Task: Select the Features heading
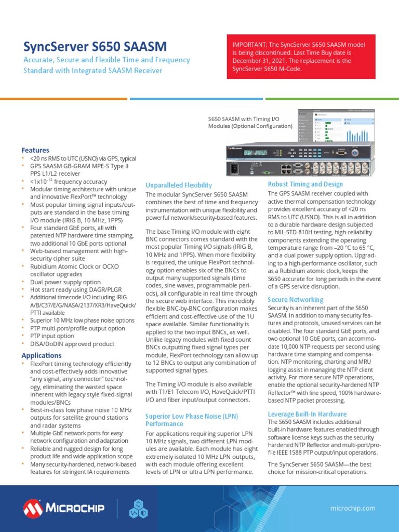tap(35, 150)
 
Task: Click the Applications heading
tap(42, 355)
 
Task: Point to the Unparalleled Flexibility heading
tap(179, 185)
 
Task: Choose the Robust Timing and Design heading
tap(305, 184)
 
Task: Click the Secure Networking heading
tap(295, 300)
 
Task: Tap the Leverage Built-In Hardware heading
tap(307, 414)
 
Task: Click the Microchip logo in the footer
tap(63, 508)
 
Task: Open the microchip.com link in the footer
tap(353, 508)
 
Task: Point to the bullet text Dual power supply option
tap(65, 282)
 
